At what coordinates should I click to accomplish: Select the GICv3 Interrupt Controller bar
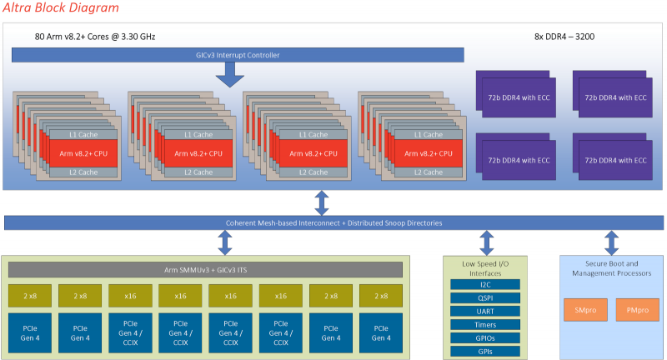(238, 55)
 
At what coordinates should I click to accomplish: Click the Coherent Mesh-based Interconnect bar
(333, 222)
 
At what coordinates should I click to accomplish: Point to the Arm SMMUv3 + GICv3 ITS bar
(205, 269)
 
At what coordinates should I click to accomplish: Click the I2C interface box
(484, 284)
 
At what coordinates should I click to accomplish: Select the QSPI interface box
(484, 297)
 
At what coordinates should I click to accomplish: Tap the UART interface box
(484, 311)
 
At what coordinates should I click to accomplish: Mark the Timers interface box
(484, 324)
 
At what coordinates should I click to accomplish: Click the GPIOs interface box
(484, 337)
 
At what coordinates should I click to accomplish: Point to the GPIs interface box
(484, 351)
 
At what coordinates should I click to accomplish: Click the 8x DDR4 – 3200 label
(564, 37)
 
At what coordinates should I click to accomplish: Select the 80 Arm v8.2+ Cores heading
(95, 37)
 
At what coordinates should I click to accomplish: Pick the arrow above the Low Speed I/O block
(488, 242)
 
